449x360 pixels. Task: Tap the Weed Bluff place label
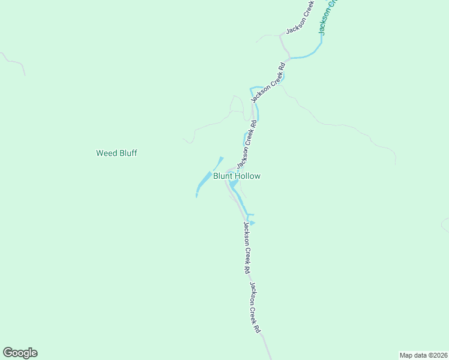coord(116,153)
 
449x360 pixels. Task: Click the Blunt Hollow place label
coord(237,176)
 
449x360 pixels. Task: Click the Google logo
coord(20,353)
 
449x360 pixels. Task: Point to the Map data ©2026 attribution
coord(423,355)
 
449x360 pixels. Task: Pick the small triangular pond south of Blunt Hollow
coord(252,223)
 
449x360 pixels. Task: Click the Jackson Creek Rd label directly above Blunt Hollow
coord(247,144)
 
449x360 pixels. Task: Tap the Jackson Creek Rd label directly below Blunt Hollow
coord(246,248)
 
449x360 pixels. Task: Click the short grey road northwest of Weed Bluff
coord(15,62)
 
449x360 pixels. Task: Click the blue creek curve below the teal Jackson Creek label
coord(306,56)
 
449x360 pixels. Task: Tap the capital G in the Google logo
coord(8,353)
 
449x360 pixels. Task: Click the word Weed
coord(105,153)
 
